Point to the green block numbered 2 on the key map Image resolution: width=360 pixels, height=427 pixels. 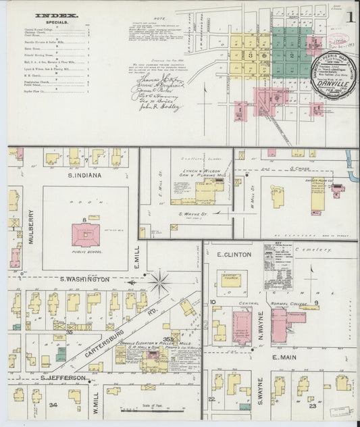pyautogui.click(x=291, y=55)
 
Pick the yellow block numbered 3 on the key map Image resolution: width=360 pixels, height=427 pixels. pyautogui.click(x=250, y=55)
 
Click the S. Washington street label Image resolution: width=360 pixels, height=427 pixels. pyautogui.click(x=84, y=279)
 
